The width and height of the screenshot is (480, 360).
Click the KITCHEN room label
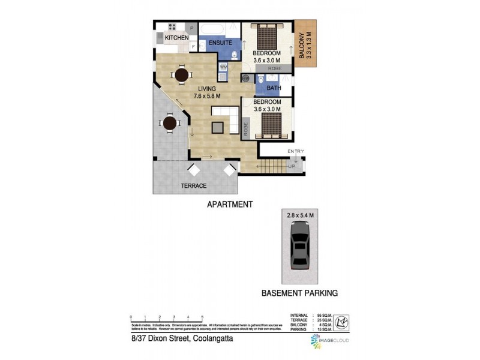tap(176, 38)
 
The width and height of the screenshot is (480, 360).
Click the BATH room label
tap(274, 88)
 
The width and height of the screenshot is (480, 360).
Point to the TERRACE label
tap(194, 186)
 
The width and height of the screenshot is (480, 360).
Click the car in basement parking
tap(298, 246)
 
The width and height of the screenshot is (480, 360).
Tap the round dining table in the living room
tap(182, 74)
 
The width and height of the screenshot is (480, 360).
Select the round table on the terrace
tap(170, 124)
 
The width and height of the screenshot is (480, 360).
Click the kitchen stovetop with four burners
tap(172, 27)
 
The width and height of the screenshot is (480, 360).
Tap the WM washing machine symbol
tap(223, 67)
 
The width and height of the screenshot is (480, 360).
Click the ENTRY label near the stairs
tap(296, 151)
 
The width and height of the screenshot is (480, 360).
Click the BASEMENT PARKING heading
tap(299, 293)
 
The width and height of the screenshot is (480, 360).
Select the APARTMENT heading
tap(230, 204)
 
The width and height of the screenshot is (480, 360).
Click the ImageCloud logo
tap(329, 341)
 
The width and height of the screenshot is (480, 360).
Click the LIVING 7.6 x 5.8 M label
tap(206, 92)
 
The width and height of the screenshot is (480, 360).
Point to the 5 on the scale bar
tap(203, 317)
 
